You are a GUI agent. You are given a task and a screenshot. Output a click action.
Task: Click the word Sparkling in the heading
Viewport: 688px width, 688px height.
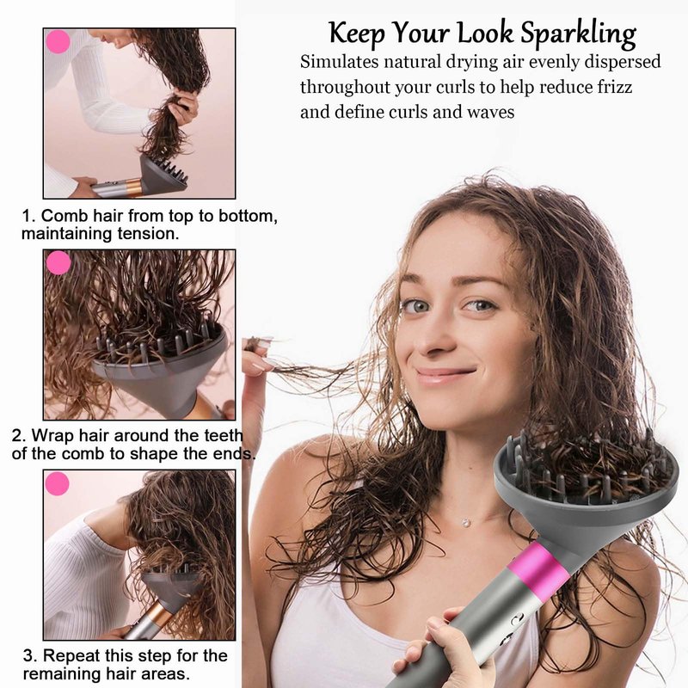pyautogui.click(x=578, y=34)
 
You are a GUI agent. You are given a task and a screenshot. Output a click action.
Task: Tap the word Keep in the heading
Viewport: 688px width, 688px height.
pyautogui.click(x=357, y=33)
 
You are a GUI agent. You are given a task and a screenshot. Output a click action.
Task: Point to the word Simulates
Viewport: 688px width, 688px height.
pyautogui.click(x=339, y=62)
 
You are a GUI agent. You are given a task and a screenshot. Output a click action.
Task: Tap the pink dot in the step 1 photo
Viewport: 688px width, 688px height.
pyautogui.click(x=58, y=41)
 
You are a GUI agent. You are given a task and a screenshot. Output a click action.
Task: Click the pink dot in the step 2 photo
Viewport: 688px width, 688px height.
pyautogui.click(x=58, y=262)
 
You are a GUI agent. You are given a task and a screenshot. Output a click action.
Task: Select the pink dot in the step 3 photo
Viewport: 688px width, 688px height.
pyautogui.click(x=57, y=483)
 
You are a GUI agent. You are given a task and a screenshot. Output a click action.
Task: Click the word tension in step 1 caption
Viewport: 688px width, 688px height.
pyautogui.click(x=148, y=233)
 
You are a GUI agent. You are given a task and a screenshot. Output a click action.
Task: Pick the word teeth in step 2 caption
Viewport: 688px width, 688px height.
pyautogui.click(x=224, y=435)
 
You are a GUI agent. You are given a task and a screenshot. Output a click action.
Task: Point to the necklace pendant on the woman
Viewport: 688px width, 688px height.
pyautogui.click(x=466, y=523)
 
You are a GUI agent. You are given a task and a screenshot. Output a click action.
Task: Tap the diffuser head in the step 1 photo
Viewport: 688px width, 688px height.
pyautogui.click(x=164, y=174)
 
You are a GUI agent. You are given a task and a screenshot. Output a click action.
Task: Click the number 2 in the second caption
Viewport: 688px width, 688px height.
pyautogui.click(x=16, y=436)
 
